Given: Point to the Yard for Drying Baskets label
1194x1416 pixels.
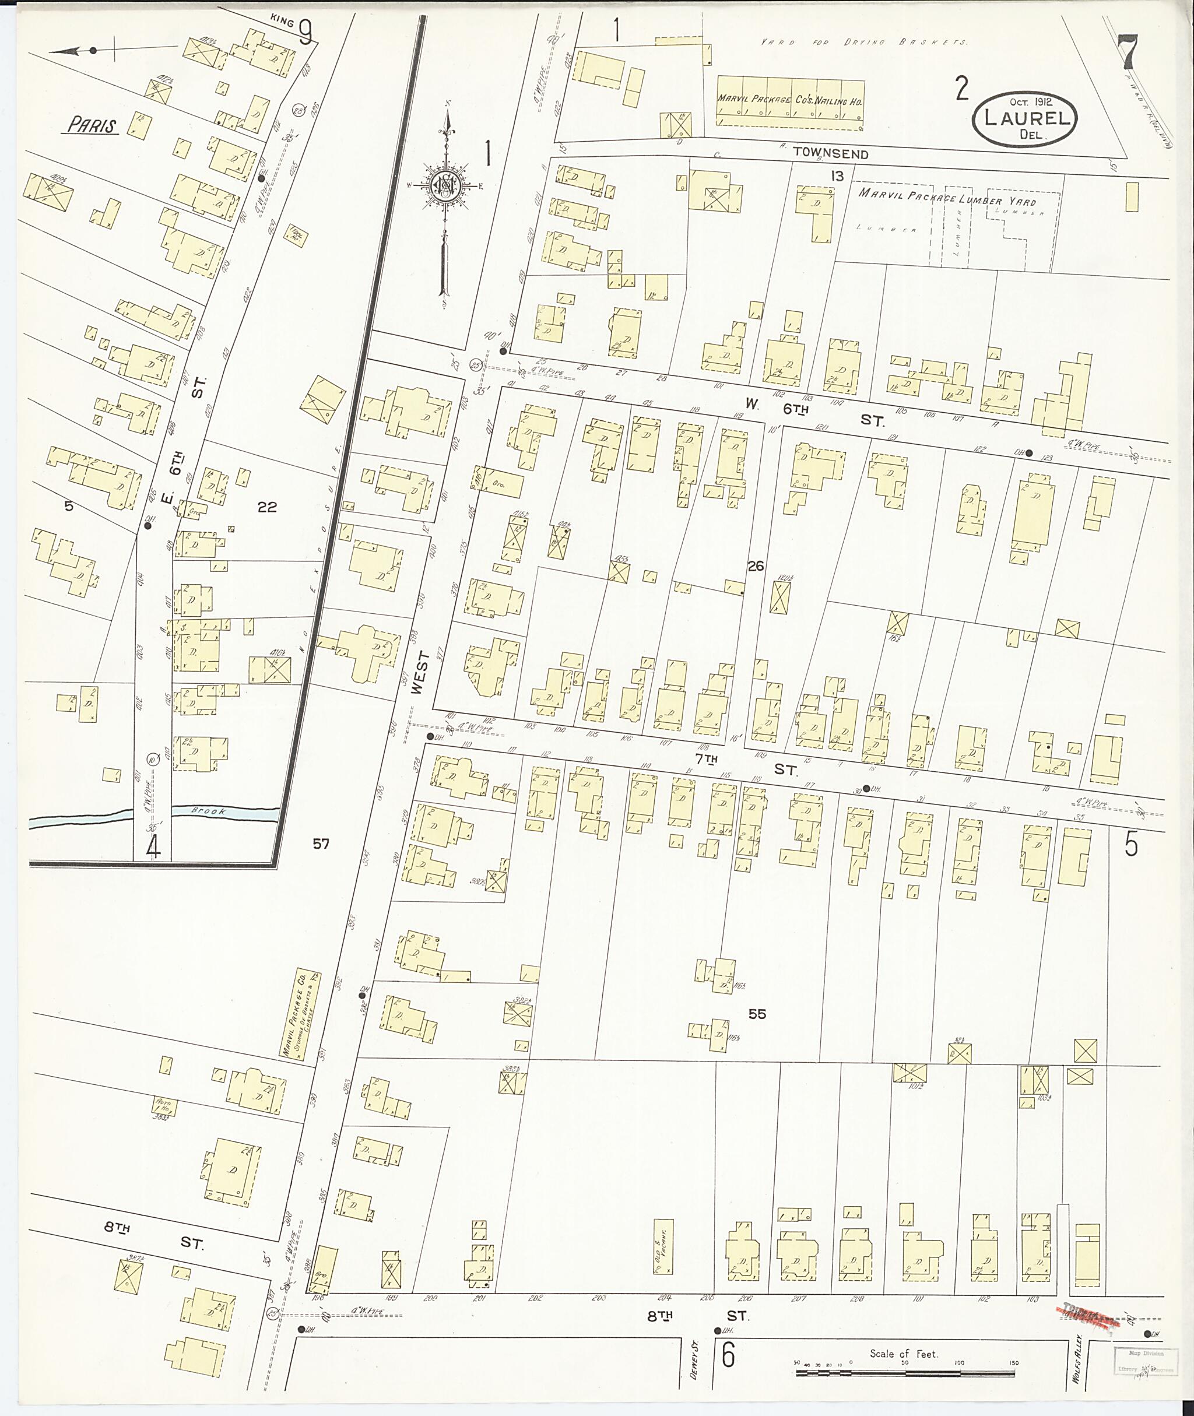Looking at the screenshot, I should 865,42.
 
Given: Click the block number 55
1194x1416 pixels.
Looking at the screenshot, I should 757,1014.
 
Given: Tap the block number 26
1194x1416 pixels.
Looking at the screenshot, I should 756,566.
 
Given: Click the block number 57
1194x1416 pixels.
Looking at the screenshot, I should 321,844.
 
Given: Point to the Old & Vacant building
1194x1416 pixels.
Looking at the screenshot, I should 663,1247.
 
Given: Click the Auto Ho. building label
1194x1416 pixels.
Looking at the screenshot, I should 163,1105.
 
